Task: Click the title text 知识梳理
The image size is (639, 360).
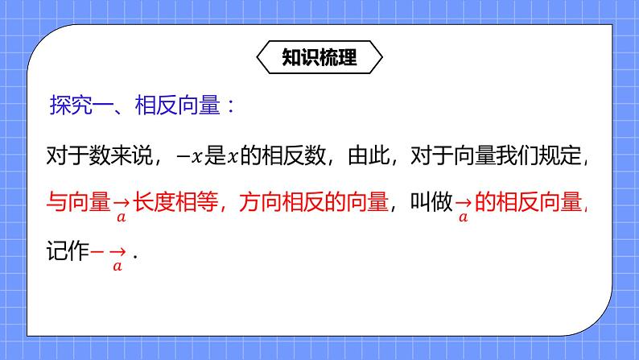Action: [319, 57]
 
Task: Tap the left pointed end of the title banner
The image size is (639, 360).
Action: [260, 57]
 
